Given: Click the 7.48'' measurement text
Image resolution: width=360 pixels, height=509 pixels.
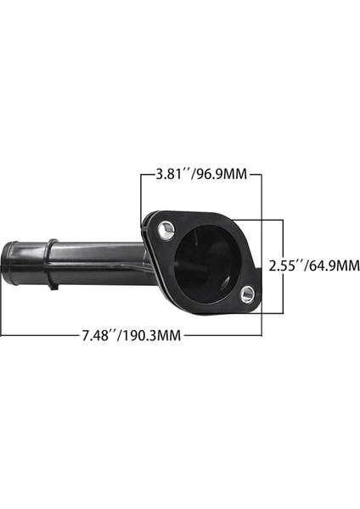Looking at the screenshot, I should point(100,335).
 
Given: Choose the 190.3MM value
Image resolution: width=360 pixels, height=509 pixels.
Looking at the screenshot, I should point(152,335).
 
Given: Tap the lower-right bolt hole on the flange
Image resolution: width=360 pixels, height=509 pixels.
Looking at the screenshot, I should point(247,294).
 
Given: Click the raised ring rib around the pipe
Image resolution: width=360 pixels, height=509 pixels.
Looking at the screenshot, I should point(51,263).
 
